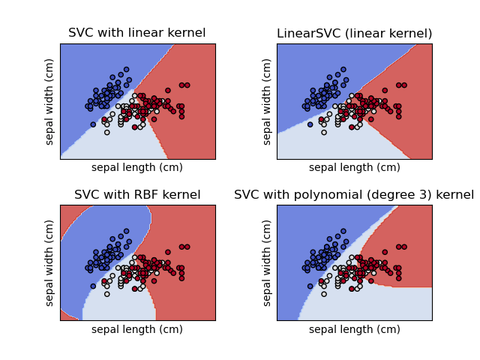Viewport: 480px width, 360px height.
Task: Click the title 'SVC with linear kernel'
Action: [x=137, y=33]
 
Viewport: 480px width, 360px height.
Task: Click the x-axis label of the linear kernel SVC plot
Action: [x=137, y=167]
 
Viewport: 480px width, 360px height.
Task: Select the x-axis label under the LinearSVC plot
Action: [x=354, y=167]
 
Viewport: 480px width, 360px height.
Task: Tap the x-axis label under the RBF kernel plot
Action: [x=137, y=329]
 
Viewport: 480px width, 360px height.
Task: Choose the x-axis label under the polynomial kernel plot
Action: [x=354, y=329]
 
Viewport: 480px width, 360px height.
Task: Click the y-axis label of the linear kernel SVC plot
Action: [x=50, y=101]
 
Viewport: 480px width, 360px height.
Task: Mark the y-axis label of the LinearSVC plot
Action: [x=268, y=101]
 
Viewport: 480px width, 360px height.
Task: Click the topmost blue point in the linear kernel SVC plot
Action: [x=127, y=69]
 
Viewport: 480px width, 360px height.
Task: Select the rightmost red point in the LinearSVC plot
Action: [x=404, y=85]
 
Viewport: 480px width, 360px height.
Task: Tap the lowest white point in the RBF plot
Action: [x=106, y=294]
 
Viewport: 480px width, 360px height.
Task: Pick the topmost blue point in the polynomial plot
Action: [x=343, y=231]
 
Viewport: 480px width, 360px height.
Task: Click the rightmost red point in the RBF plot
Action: [x=187, y=247]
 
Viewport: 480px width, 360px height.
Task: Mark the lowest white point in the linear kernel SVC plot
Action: [x=106, y=132]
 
